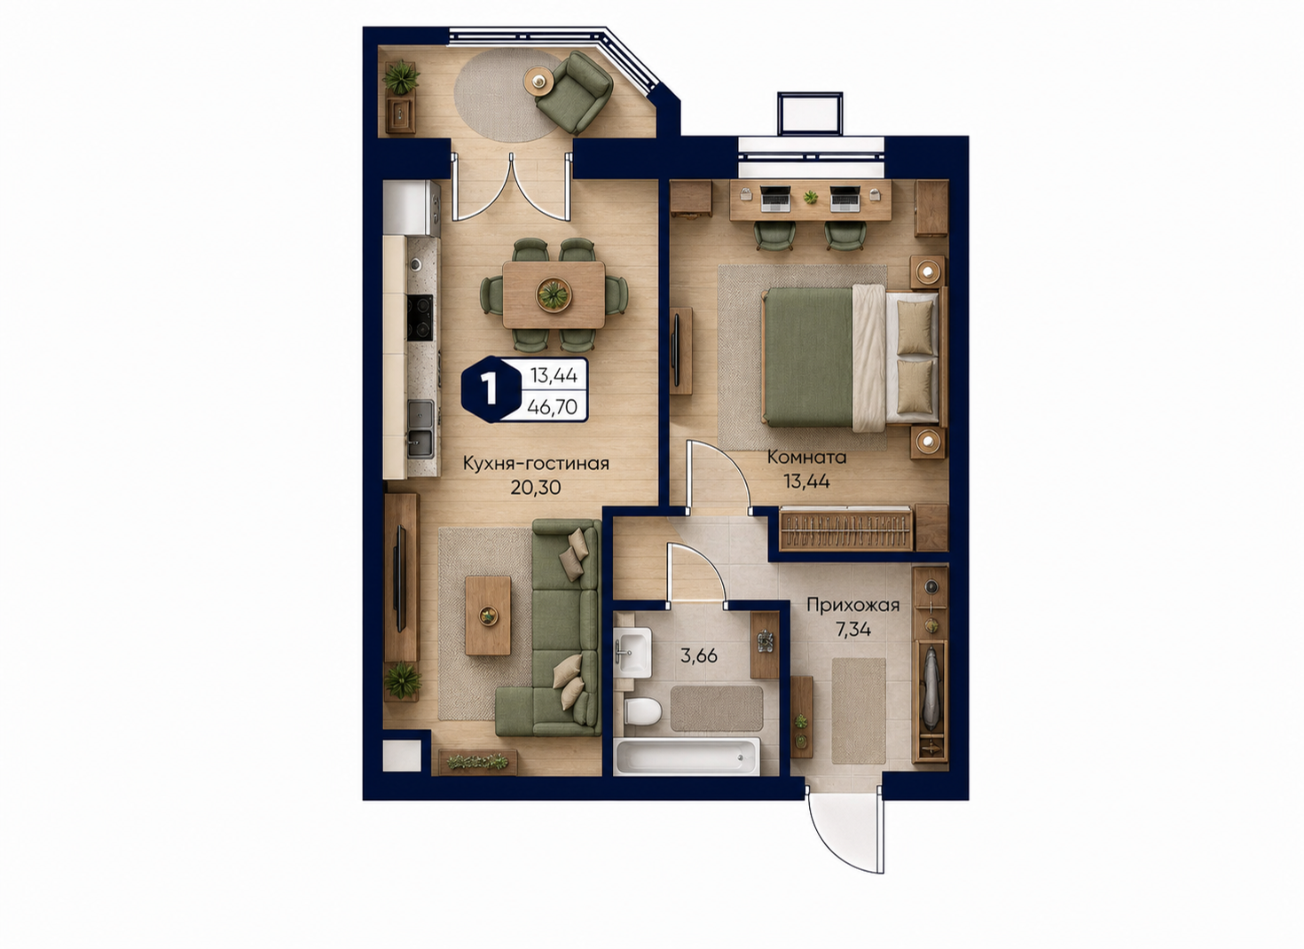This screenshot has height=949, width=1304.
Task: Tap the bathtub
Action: [687, 756]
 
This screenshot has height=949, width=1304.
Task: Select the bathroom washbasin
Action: [632, 652]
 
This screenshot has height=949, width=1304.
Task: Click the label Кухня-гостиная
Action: [536, 464]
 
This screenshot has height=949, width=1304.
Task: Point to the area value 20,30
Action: [536, 487]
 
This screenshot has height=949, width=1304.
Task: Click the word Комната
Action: [806, 457]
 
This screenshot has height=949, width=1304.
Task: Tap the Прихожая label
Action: [852, 606]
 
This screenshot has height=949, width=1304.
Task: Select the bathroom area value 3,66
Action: [699, 655]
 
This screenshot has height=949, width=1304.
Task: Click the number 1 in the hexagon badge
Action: [490, 389]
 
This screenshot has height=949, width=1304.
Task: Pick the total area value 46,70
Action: [552, 406]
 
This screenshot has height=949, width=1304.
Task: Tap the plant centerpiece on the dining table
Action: [553, 294]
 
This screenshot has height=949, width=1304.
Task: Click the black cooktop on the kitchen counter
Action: [420, 318]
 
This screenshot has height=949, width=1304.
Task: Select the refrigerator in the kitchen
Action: [411, 208]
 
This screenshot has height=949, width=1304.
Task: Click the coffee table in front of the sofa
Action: [488, 616]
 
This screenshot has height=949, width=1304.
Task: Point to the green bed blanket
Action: [808, 357]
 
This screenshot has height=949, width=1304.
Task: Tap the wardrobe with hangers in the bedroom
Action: [846, 529]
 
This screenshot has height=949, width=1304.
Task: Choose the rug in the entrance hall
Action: [859, 710]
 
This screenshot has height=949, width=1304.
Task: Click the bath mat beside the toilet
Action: [717, 708]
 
